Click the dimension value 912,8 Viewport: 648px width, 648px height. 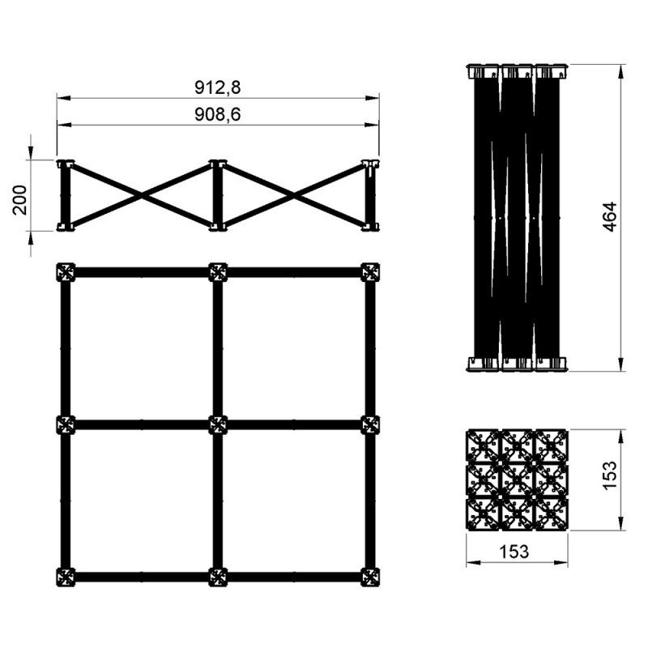(x=217, y=87)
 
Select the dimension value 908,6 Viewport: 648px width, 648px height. (x=217, y=114)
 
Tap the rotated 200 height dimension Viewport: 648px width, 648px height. (x=19, y=200)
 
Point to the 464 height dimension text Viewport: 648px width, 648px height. (x=610, y=216)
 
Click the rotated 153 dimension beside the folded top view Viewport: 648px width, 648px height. (x=610, y=475)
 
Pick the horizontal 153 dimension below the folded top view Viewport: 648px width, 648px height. (x=514, y=551)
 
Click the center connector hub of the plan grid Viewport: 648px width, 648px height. (x=218, y=424)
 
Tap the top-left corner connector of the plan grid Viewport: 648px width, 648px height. (x=66, y=272)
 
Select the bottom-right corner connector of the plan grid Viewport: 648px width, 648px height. (x=370, y=578)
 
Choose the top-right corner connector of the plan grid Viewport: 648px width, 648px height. (x=370, y=272)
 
